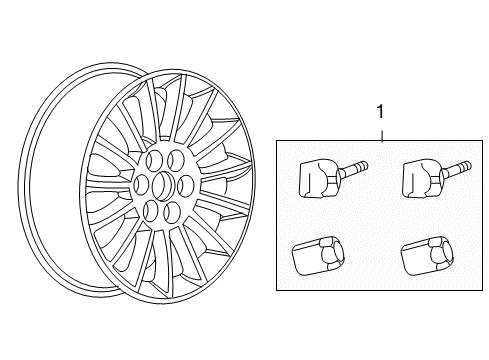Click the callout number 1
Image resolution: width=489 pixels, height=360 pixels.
pos(380,115)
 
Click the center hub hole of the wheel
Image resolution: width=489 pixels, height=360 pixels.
pos(162,183)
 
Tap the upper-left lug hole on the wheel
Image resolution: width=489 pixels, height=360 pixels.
pos(152,159)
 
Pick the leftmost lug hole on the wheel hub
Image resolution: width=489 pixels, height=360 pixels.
pos(140,181)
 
